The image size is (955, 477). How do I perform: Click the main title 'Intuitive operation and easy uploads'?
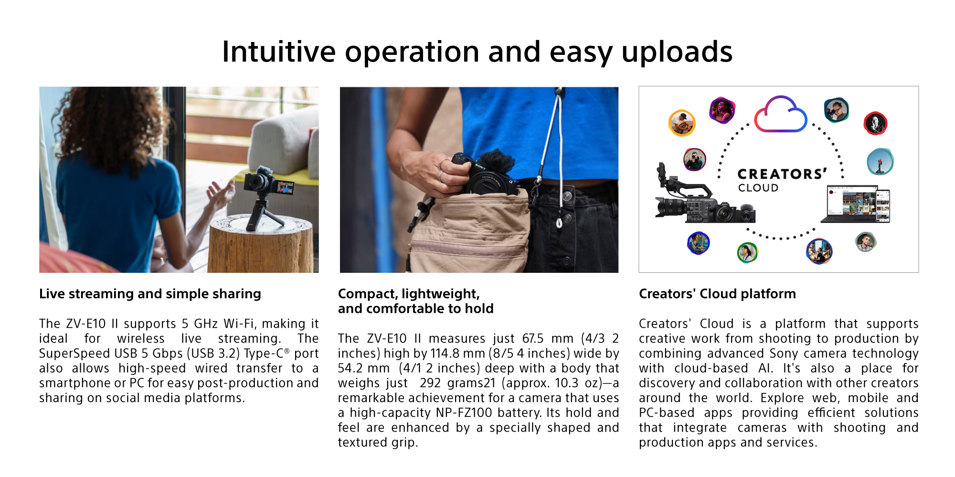pos(477,52)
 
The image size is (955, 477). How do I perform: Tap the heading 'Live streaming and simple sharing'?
pos(150,294)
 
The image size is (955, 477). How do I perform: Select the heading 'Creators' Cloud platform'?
pos(717,294)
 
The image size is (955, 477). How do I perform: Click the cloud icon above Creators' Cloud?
pos(780,114)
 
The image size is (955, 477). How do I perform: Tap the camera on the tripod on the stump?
pos(268,184)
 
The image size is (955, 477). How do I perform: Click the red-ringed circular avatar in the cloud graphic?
pos(875,123)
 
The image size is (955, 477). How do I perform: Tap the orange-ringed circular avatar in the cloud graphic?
pos(682,123)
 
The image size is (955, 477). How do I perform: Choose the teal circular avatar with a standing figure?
pos(880,162)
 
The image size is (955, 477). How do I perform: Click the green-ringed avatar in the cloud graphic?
pos(747,252)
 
